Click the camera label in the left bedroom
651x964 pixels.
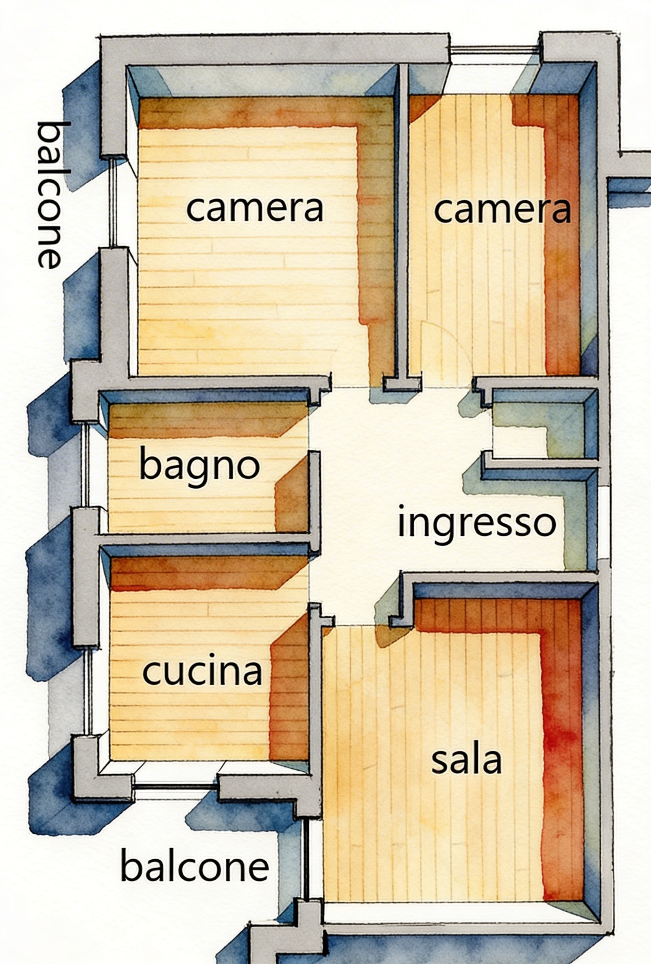(x=255, y=209)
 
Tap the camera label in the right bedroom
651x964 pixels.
(x=502, y=209)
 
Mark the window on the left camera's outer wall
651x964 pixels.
(x=113, y=203)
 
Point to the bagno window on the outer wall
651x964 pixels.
(x=85, y=464)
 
